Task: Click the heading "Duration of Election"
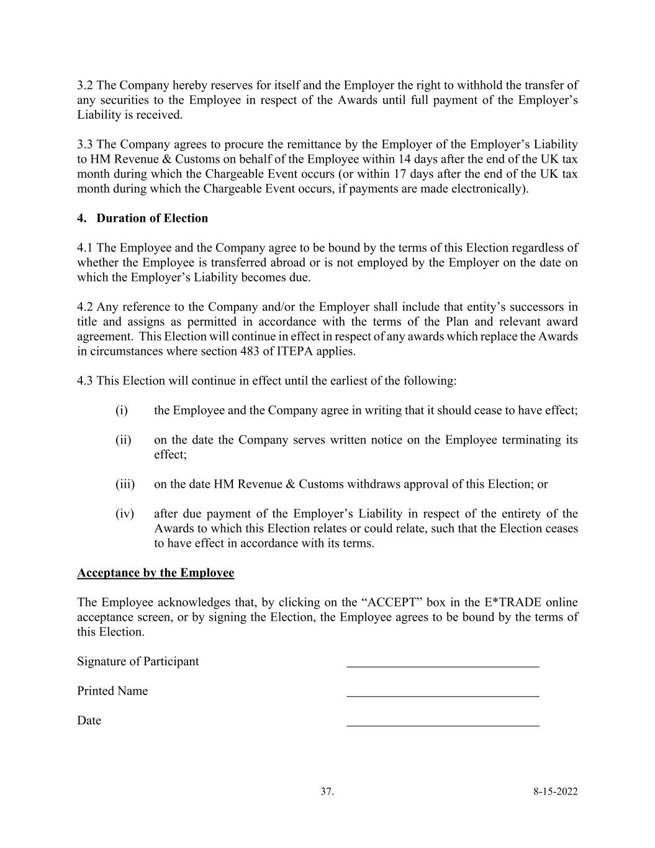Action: pyautogui.click(x=152, y=218)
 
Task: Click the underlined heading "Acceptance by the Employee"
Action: pyautogui.click(x=155, y=573)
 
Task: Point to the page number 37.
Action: pyautogui.click(x=327, y=791)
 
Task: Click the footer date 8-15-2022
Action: pyautogui.click(x=555, y=791)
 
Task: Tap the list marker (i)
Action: pyautogui.click(x=121, y=411)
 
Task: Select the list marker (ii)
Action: pyautogui.click(x=123, y=440)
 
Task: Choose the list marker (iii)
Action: pyautogui.click(x=125, y=484)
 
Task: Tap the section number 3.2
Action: pyautogui.click(x=85, y=85)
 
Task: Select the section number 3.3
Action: pyautogui.click(x=85, y=145)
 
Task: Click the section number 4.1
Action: pyautogui.click(x=85, y=248)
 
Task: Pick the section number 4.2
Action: pyautogui.click(x=85, y=307)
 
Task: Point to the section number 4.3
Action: pyautogui.click(x=85, y=381)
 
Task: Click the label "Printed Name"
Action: pyautogui.click(x=112, y=691)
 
